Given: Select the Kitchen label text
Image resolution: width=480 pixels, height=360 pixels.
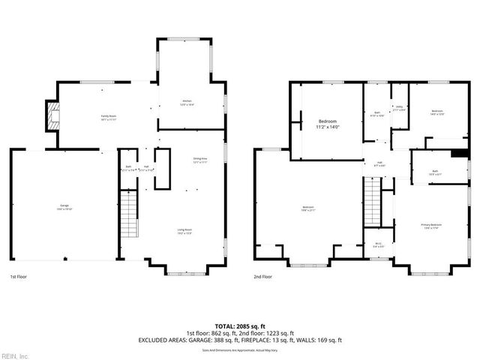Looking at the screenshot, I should (187, 103).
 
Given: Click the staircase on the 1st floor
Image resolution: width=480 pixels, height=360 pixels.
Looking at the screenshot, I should (129, 213).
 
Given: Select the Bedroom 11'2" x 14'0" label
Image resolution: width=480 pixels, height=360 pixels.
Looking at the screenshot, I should (328, 124).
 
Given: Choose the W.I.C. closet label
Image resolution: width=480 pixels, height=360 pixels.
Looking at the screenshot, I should (378, 245).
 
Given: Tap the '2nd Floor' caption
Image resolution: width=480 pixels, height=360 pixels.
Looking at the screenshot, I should (263, 277).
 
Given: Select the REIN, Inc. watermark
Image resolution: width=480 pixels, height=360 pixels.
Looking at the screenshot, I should (15, 355).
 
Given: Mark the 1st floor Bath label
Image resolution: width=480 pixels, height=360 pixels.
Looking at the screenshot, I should (128, 168).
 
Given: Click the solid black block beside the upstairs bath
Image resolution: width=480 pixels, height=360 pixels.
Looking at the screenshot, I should (460, 154).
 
